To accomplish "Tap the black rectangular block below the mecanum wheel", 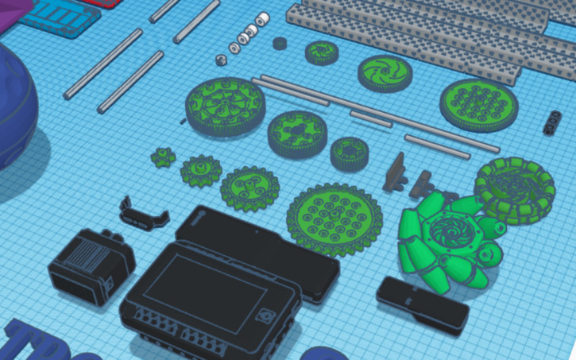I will [x=422, y=303].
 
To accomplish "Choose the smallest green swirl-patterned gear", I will [x=321, y=52].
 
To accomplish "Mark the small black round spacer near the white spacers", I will [x=279, y=44].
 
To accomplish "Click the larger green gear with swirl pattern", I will [x=385, y=72].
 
